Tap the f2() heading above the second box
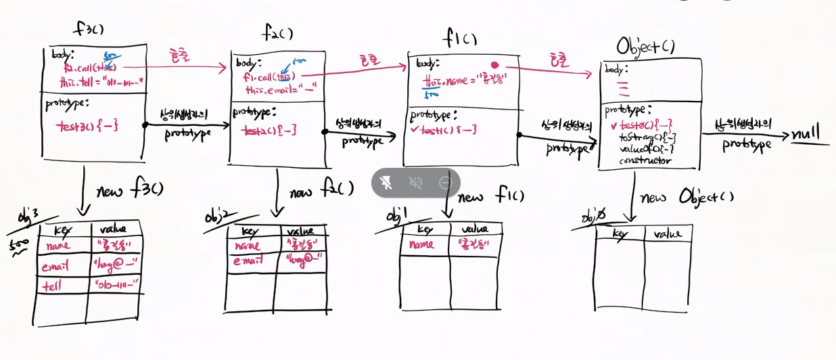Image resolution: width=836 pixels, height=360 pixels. coord(278,32)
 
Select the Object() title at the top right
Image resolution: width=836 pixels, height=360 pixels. coord(645,46)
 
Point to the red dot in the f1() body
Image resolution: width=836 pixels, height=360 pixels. coord(494,65)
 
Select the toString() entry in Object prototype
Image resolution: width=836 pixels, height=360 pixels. coord(647,137)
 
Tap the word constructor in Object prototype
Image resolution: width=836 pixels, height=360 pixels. coord(645,160)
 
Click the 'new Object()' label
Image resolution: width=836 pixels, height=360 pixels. coord(686,197)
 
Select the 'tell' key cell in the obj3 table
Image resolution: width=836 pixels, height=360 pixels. coord(53,286)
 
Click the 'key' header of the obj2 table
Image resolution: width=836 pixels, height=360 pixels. coord(250,231)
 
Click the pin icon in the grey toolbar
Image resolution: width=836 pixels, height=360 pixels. coord(387,183)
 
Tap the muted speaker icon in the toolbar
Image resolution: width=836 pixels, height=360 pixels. coord(416,183)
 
